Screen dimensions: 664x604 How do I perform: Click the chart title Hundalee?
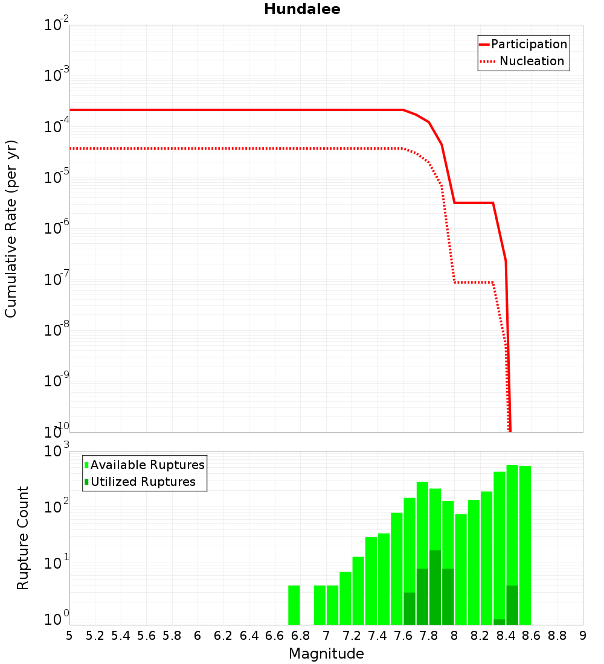[x=302, y=9]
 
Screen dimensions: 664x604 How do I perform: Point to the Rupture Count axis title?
[x=23, y=538]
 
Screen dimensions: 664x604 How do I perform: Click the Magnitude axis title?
[x=326, y=654]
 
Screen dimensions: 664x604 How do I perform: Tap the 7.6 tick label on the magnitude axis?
[x=403, y=636]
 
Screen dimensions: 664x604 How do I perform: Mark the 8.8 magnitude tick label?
[x=557, y=636]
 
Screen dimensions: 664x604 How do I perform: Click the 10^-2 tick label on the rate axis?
[x=57, y=26]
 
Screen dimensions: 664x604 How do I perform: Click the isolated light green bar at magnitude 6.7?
[x=294, y=605]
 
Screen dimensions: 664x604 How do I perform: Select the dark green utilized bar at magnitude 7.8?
[x=435, y=587]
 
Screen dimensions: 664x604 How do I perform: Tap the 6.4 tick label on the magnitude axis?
[x=249, y=636]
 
